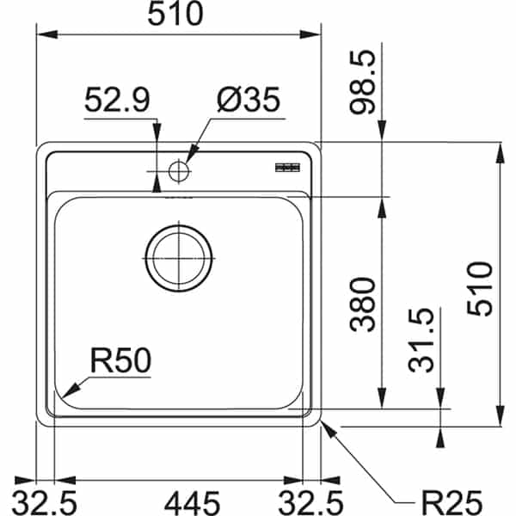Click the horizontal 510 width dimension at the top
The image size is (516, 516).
click(177, 15)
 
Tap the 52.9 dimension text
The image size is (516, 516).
click(118, 102)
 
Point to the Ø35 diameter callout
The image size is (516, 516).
click(249, 102)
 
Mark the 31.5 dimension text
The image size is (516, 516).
click(422, 341)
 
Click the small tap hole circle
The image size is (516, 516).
click(178, 170)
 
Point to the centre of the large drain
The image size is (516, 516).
click(178, 256)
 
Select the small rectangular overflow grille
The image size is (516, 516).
click(286, 166)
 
